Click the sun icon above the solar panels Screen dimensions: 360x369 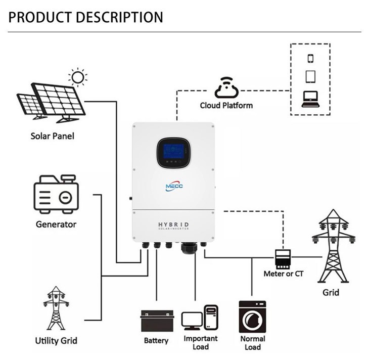click(x=77, y=77)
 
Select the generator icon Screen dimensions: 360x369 click(x=56, y=195)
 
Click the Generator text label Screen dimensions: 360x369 click(x=56, y=224)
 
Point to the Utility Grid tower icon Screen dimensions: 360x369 click(x=56, y=308)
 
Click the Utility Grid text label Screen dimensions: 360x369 click(x=56, y=340)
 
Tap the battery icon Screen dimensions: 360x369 click(x=156, y=320)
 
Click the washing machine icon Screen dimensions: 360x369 click(x=252, y=317)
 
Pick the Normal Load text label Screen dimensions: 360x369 click(x=252, y=343)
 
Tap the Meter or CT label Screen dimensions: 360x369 click(x=284, y=274)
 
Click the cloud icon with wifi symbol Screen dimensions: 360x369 click(x=226, y=87)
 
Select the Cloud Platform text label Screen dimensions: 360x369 click(x=226, y=105)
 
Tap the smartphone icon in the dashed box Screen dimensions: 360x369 click(x=310, y=58)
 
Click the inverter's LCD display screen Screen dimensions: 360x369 click(x=173, y=150)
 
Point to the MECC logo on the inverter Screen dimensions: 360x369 click(x=174, y=186)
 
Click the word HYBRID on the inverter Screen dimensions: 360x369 click(x=173, y=223)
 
